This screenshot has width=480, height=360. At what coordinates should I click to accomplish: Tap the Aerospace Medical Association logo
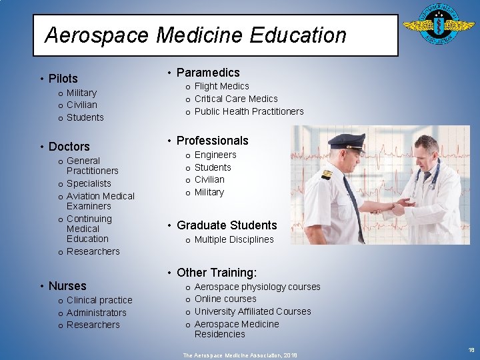click(x=438, y=28)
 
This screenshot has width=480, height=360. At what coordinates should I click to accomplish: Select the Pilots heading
click(x=63, y=79)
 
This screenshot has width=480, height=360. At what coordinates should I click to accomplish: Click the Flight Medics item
click(x=221, y=86)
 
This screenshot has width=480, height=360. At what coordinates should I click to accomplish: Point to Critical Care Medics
click(x=236, y=99)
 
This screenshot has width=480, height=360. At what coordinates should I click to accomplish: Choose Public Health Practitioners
click(x=249, y=111)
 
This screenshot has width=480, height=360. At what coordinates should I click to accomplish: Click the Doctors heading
click(x=69, y=147)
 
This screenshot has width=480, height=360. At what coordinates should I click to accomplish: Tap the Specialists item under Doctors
click(x=89, y=183)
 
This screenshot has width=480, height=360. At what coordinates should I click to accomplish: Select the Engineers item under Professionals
click(x=215, y=155)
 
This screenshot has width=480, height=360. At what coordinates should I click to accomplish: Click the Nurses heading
click(x=67, y=286)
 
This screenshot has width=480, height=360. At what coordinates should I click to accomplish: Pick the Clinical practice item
click(x=99, y=300)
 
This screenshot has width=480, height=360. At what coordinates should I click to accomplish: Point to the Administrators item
click(x=96, y=313)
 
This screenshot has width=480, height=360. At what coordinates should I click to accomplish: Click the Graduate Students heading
click(x=226, y=225)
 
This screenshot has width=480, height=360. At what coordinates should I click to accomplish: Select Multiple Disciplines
click(x=234, y=239)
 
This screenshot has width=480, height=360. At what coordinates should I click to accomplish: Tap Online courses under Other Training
click(x=225, y=299)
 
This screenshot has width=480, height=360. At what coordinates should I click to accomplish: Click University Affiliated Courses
click(x=253, y=311)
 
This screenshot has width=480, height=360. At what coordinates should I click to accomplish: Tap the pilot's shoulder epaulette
click(x=327, y=175)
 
